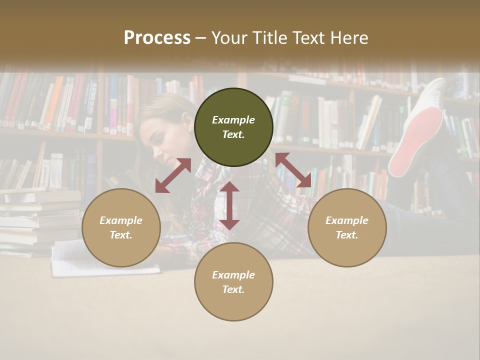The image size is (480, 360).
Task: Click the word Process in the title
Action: pyautogui.click(x=157, y=38)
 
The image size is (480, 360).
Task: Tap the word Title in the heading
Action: pyautogui.click(x=270, y=38)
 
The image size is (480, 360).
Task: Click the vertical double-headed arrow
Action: pyautogui.click(x=229, y=205)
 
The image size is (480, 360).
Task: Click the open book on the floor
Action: pyautogui.click(x=100, y=260)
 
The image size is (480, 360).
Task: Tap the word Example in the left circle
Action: pyautogui.click(x=121, y=220)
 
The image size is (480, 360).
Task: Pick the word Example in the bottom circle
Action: pyautogui.click(x=233, y=275)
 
